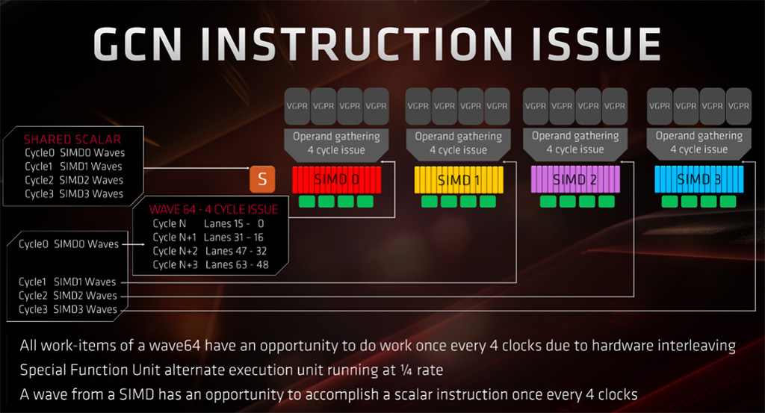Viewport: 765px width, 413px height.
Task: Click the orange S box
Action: (262, 179)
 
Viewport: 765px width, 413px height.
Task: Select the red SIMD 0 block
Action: (337, 179)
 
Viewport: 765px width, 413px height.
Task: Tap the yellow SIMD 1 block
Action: (459, 180)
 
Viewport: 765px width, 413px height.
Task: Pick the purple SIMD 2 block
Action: (575, 179)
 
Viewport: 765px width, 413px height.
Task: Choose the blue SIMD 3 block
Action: (699, 179)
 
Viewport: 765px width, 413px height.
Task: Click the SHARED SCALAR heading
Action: (72, 140)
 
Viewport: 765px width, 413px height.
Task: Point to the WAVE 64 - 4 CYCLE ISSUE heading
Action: (214, 210)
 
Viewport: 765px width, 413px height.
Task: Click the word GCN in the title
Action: (137, 44)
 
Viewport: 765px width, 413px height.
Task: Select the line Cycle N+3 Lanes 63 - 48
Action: (211, 265)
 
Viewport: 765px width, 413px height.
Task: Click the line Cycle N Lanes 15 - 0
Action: (208, 224)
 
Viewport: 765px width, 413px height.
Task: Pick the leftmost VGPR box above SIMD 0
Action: (297, 106)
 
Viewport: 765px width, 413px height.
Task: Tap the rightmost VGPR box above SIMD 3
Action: (739, 106)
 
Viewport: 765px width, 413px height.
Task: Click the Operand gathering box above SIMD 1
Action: (458, 145)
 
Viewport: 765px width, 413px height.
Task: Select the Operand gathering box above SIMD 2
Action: (575, 144)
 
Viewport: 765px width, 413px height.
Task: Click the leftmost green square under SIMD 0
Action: (307, 202)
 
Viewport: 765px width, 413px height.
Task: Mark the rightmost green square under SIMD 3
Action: (728, 202)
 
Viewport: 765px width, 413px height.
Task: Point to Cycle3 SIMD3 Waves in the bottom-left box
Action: (68, 309)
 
